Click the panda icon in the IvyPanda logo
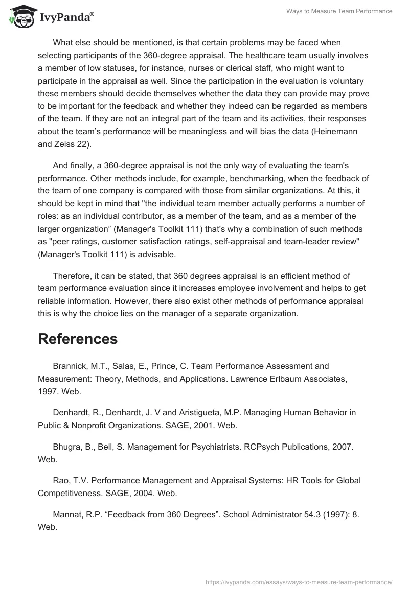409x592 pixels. point(19,17)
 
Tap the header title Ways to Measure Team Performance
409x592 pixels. point(338,11)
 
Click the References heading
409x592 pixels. point(78,339)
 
